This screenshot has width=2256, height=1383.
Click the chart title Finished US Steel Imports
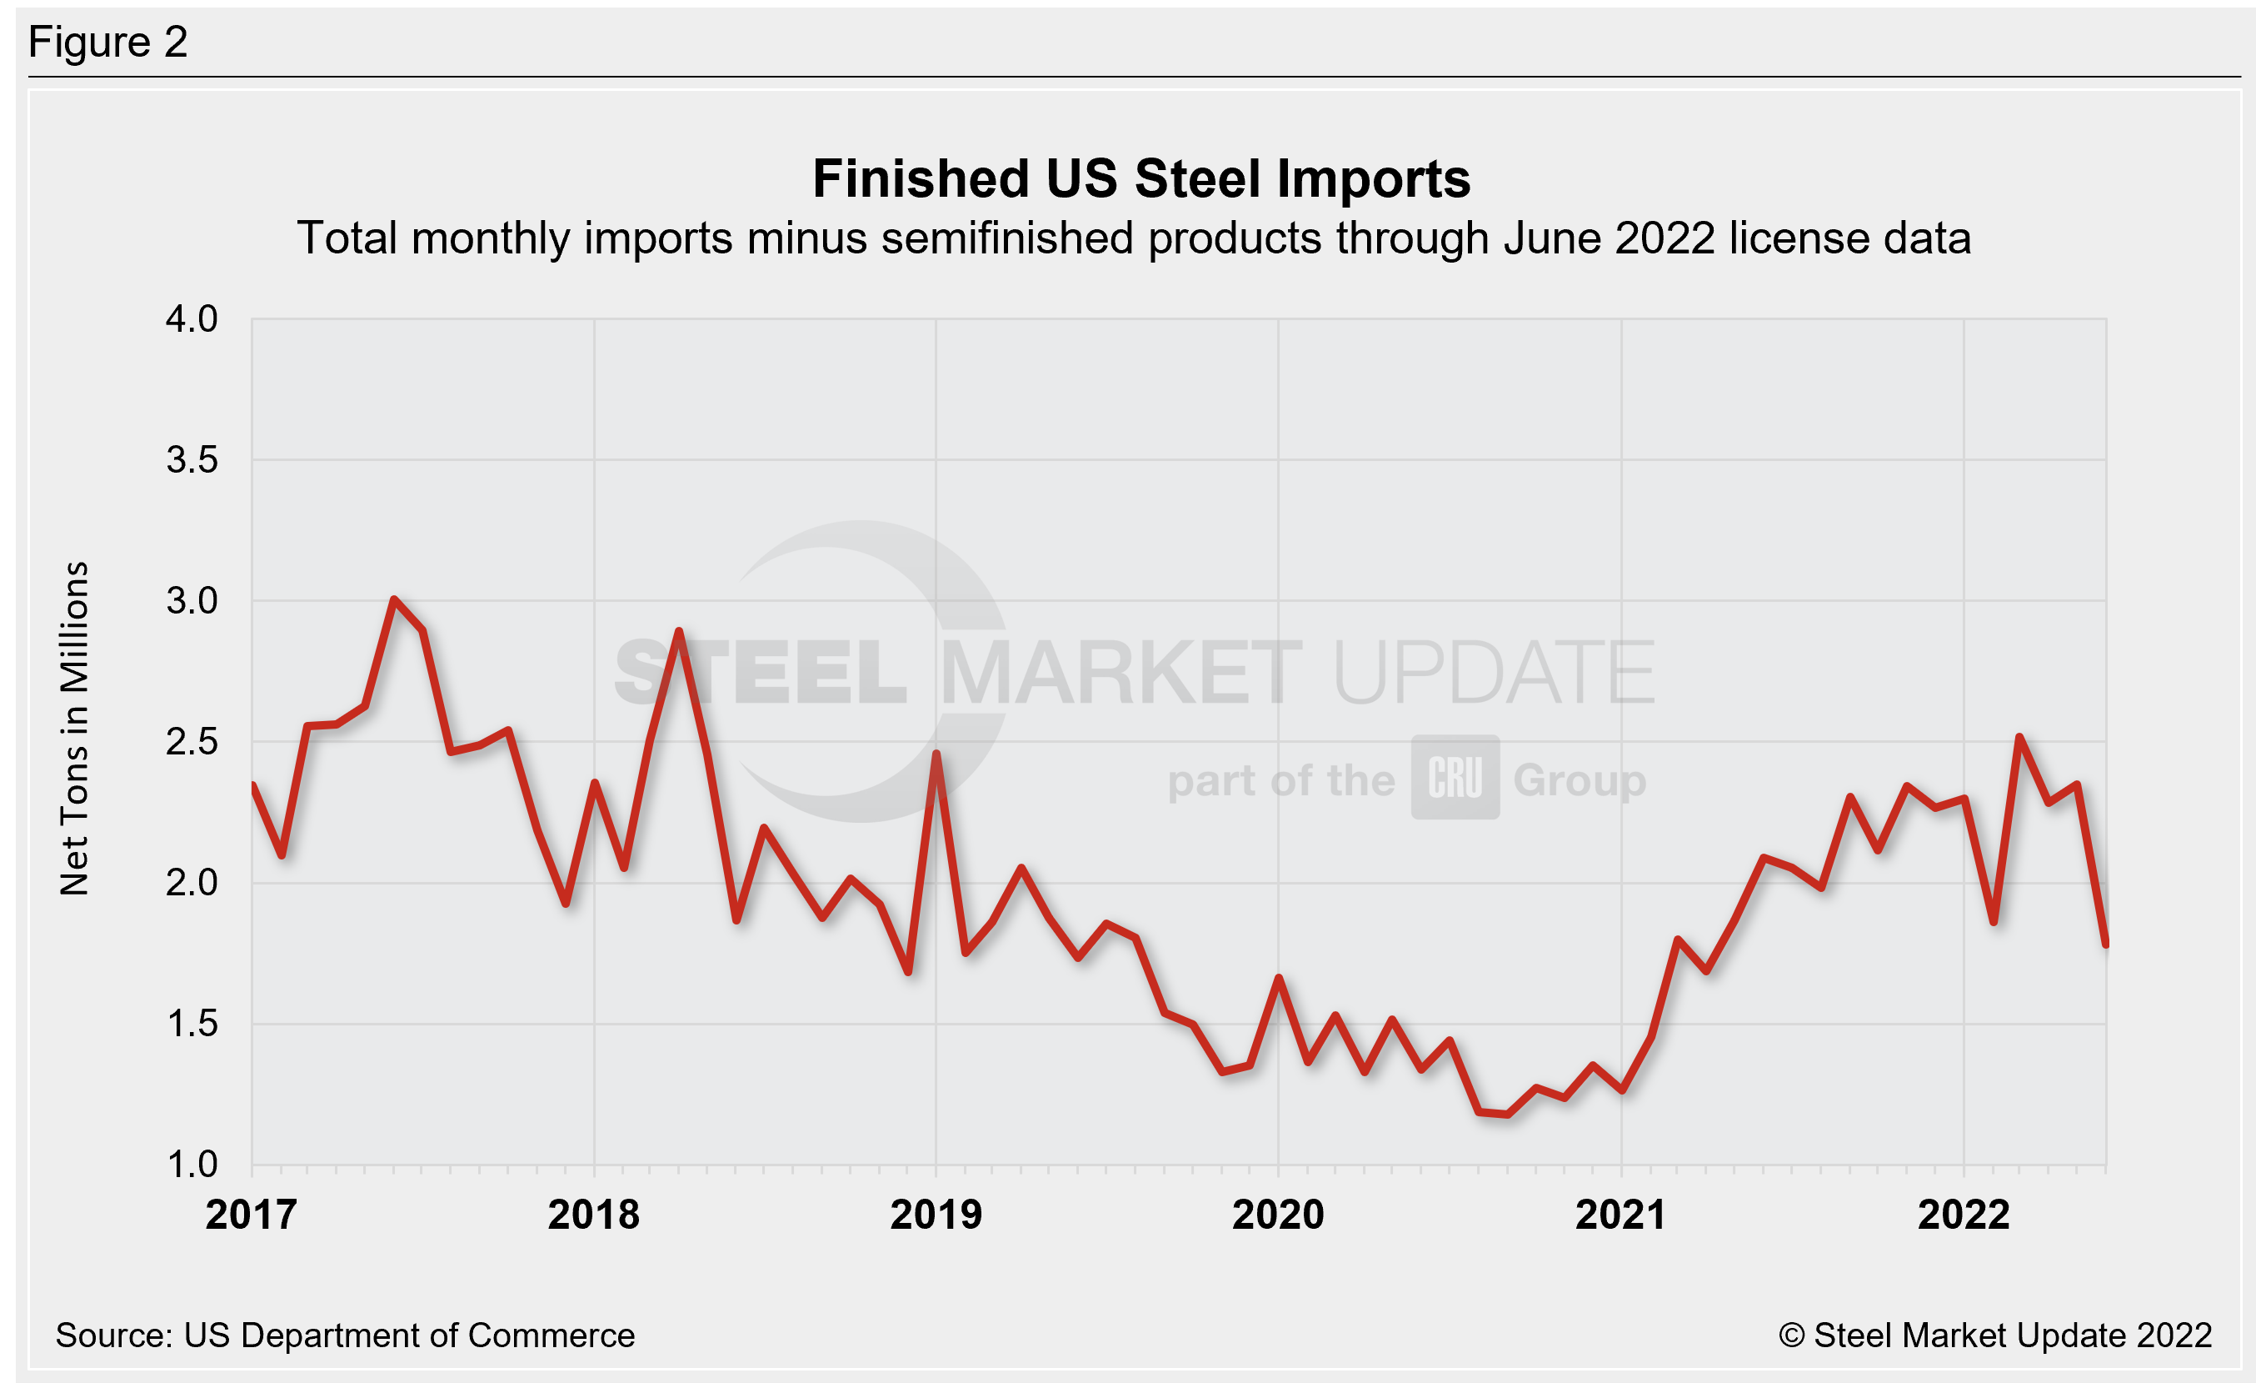[x=1140, y=178]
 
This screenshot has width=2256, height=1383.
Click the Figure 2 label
[x=108, y=43]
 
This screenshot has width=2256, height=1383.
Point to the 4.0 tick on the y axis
[x=192, y=319]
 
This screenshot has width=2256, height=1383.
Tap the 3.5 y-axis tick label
[x=192, y=460]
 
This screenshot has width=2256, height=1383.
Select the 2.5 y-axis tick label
[x=192, y=742]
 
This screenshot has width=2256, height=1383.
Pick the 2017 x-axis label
[x=251, y=1215]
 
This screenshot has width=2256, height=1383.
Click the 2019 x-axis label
[x=936, y=1215]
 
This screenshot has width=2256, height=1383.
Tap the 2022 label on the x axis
[x=1963, y=1215]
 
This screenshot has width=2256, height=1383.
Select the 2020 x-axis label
[x=1278, y=1215]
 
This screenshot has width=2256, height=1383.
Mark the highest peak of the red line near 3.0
[x=394, y=600]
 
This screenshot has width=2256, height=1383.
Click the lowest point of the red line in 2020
[x=1507, y=1115]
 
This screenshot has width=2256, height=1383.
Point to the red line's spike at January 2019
[x=936, y=754]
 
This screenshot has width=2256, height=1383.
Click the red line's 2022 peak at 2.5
[x=2019, y=737]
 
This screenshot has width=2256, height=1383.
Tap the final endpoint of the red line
[x=2106, y=944]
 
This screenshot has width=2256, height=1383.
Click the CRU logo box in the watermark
[x=1455, y=777]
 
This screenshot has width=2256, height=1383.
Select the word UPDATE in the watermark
[x=1494, y=674]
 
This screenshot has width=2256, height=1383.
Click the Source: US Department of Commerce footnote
[x=344, y=1335]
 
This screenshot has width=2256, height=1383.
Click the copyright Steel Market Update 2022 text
[x=1994, y=1335]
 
